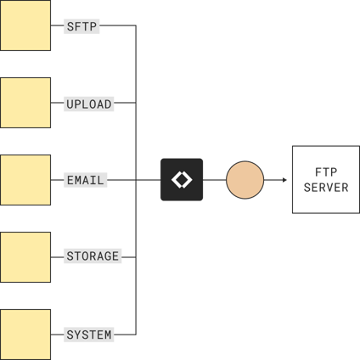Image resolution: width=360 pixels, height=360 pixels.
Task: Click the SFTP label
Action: click(x=82, y=26)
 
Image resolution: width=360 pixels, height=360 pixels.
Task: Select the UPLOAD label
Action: click(x=89, y=104)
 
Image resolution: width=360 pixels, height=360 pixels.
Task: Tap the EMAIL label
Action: click(x=86, y=180)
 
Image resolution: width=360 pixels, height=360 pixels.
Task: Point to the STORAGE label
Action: click(x=93, y=256)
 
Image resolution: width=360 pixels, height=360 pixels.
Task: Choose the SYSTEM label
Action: click(x=89, y=335)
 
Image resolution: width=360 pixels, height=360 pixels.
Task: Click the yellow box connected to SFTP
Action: click(x=25, y=25)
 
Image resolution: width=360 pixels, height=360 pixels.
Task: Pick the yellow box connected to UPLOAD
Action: click(x=25, y=103)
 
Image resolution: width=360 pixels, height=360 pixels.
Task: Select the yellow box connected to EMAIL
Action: click(x=25, y=180)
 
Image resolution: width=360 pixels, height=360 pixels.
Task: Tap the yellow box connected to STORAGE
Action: click(x=25, y=256)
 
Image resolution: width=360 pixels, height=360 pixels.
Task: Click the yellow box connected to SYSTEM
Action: click(x=25, y=334)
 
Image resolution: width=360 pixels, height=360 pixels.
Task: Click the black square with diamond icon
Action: click(x=182, y=180)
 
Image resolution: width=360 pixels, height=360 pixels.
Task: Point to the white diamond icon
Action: click(x=182, y=180)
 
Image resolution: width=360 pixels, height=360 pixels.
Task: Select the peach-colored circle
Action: click(x=245, y=180)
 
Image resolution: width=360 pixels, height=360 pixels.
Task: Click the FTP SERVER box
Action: click(x=325, y=180)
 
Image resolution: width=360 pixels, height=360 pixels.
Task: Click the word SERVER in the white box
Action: click(x=325, y=188)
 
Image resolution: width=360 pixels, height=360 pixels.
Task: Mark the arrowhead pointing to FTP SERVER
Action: click(x=284, y=180)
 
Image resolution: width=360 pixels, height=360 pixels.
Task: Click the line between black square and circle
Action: click(x=215, y=180)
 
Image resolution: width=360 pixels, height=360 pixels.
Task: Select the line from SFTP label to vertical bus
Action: click(x=119, y=26)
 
